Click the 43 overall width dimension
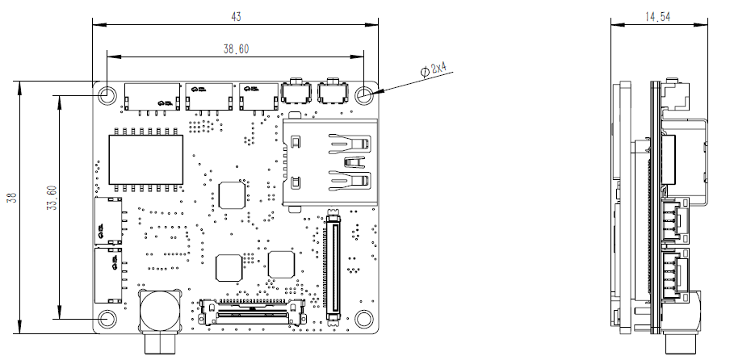pos(236,16)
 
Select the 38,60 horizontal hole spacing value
pos(236,49)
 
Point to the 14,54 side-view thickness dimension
pos(658,16)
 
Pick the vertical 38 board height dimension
pos(11,198)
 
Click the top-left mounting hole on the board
pos(107,94)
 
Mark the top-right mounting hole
pos(365,94)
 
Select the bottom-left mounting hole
pos(107,319)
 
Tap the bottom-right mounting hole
pos(365,319)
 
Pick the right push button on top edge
pos(331,94)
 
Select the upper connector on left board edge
pos(108,220)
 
